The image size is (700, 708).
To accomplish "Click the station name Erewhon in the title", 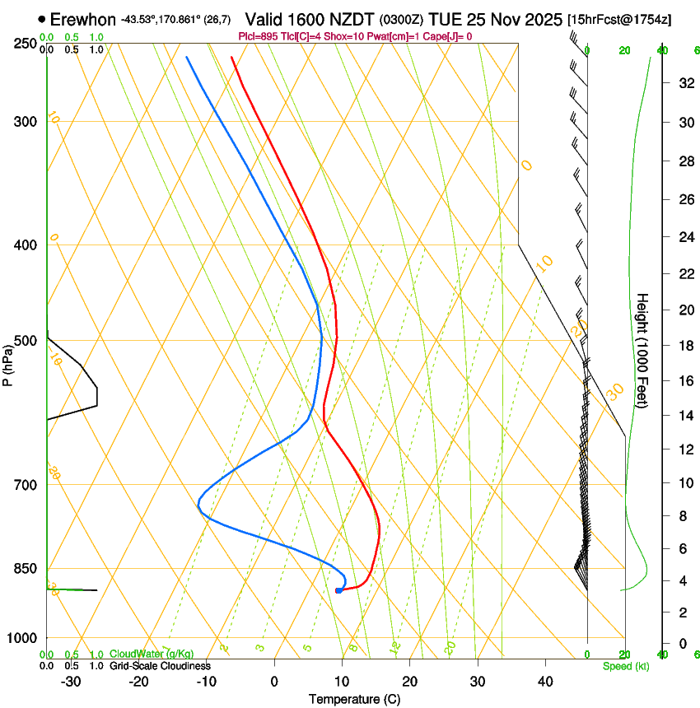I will click(82, 18).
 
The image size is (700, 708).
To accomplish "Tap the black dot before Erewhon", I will click(41, 18).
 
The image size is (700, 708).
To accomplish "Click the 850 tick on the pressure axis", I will click(25, 568).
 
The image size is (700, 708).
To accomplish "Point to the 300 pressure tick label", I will click(25, 122).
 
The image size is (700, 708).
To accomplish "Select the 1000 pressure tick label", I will click(21, 638).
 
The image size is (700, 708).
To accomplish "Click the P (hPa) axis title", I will click(7, 361).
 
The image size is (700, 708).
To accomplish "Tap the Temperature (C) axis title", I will click(354, 699).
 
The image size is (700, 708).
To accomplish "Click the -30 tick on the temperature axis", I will click(71, 681).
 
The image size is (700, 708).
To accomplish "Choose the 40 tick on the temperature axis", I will click(544, 681).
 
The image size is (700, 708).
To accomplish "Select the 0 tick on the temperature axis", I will click(274, 681).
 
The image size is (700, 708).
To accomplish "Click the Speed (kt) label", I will click(625, 666).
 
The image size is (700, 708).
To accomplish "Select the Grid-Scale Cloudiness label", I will click(158, 666).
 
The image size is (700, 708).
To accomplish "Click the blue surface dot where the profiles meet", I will click(338, 590).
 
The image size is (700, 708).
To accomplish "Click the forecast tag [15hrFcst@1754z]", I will click(619, 19).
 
